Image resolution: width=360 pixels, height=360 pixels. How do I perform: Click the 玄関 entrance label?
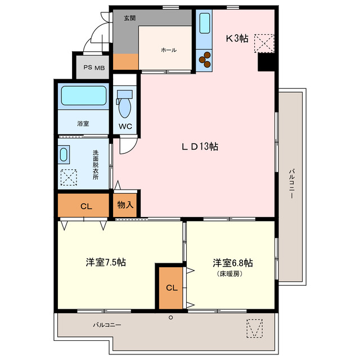point(129,18)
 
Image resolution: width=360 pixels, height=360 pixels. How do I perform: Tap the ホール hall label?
point(168,50)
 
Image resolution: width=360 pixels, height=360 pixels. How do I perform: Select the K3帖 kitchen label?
point(237,38)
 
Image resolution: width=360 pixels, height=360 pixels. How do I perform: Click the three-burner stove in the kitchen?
point(204,57)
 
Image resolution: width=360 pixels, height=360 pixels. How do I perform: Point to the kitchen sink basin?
point(203,24)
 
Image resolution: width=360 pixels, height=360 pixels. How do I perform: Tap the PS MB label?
point(94,67)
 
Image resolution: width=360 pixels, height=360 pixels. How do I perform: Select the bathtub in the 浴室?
point(83,95)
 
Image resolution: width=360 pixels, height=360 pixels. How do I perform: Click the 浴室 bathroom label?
point(83,123)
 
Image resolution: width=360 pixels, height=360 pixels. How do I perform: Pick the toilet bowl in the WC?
point(125,105)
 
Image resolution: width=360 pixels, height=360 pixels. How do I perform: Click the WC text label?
point(125,127)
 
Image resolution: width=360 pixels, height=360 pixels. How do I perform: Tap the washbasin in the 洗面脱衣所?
point(64,155)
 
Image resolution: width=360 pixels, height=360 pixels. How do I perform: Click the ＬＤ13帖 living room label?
point(200,147)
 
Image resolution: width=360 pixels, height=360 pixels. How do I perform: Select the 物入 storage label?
point(125,205)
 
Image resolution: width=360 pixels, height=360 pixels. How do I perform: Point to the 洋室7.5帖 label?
point(106,263)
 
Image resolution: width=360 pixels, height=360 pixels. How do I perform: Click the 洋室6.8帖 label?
point(232,263)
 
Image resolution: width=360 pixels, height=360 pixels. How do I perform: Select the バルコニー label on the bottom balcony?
point(107,325)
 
